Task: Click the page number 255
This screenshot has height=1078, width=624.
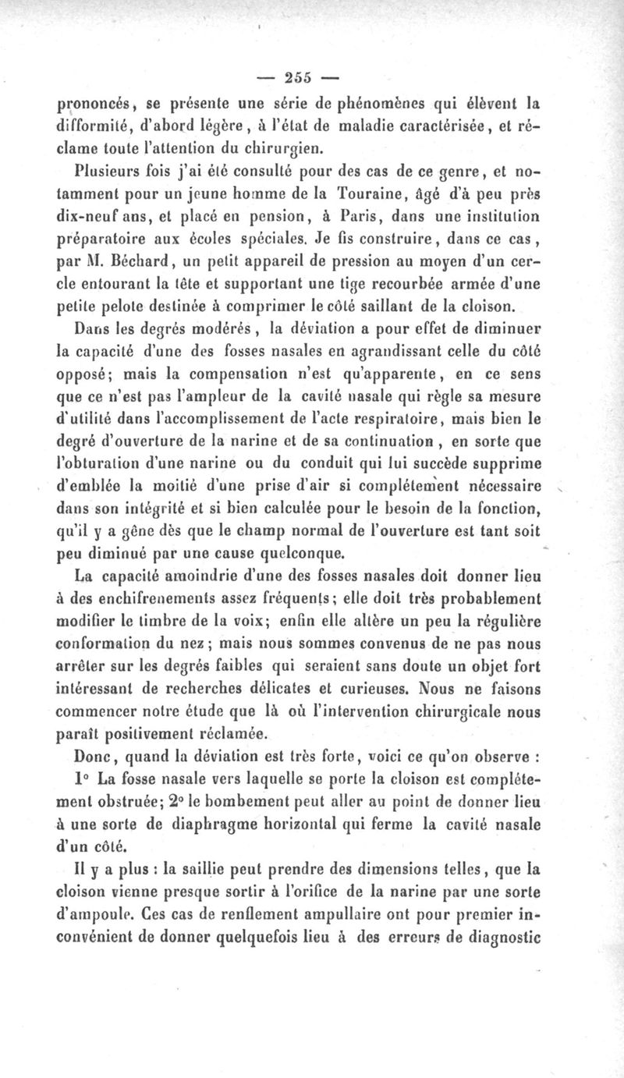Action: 299,77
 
